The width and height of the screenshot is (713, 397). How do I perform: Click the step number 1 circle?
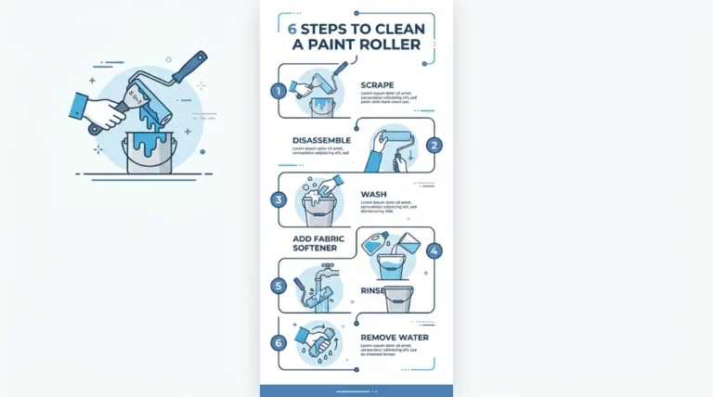pos(277,91)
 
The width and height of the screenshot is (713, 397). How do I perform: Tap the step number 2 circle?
pos(434,145)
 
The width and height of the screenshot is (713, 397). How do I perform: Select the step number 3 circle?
pos(277,198)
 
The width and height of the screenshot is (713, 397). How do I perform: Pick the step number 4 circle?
pos(434,250)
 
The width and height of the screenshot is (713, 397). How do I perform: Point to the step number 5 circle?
pos(277,286)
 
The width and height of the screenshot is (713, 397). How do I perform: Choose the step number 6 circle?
pos(277,342)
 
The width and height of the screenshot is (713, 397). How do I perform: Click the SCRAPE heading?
pos(378,84)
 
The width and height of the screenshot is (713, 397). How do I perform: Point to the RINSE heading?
pos(373,290)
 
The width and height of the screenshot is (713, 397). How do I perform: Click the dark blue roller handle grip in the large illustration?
pos(189,69)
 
